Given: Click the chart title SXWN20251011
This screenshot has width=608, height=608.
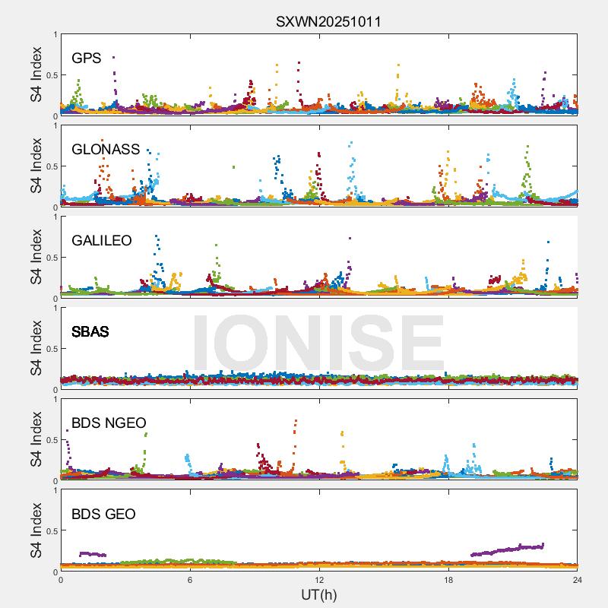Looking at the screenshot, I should pyautogui.click(x=328, y=21).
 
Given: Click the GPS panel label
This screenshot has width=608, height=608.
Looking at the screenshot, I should pyautogui.click(x=86, y=59).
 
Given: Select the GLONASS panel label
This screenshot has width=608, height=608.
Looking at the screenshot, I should pyautogui.click(x=106, y=150).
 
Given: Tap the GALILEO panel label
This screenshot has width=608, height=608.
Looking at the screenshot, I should pyautogui.click(x=102, y=241).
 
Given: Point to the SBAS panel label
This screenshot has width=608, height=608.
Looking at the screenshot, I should pyautogui.click(x=90, y=332).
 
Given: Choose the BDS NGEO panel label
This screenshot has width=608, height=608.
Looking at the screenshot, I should pyautogui.click(x=109, y=423).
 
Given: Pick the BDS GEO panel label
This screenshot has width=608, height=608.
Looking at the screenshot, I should pyautogui.click(x=103, y=515).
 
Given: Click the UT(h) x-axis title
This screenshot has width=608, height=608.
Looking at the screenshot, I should pyautogui.click(x=319, y=594).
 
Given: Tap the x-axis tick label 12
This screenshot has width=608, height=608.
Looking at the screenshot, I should pyautogui.click(x=319, y=580).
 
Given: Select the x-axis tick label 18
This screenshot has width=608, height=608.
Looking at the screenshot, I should pyautogui.click(x=448, y=580).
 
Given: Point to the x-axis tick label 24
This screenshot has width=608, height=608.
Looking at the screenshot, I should pyautogui.click(x=578, y=580).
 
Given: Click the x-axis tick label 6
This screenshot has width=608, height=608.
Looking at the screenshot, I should pyautogui.click(x=190, y=580).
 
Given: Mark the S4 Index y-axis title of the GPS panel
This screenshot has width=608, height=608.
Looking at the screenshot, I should pyautogui.click(x=36, y=75).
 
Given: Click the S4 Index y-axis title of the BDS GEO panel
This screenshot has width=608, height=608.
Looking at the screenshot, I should pyautogui.click(x=36, y=531).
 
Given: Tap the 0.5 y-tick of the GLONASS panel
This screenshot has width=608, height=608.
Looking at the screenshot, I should pyautogui.click(x=50, y=166).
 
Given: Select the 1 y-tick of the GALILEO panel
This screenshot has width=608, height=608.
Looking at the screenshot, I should pyautogui.click(x=55, y=217).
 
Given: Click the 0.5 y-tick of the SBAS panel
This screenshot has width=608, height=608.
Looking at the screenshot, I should pyautogui.click(x=50, y=349).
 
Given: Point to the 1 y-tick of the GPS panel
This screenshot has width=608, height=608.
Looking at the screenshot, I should pyautogui.click(x=55, y=35).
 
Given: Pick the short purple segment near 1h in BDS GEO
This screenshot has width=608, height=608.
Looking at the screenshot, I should pyautogui.click(x=93, y=554).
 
